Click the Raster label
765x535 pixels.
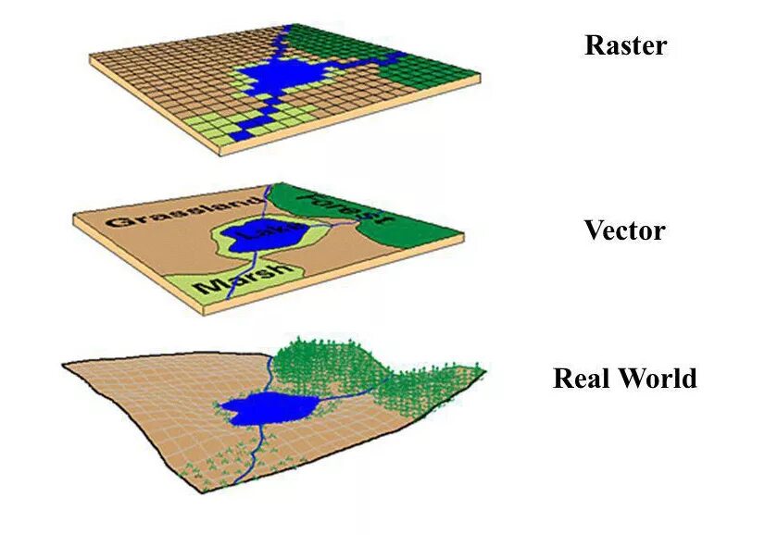[625, 45]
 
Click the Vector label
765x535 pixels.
[624, 230]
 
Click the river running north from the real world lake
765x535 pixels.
[270, 370]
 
